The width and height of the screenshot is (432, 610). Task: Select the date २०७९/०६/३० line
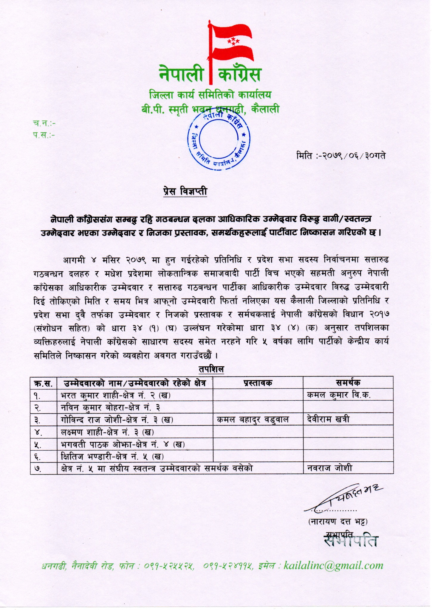pyautogui.click(x=341, y=155)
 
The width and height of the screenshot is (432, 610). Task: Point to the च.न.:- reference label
pyautogui.click(x=44, y=123)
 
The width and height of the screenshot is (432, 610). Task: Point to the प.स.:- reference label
pyautogui.click(x=44, y=136)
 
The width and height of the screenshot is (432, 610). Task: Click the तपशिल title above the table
pyautogui.click(x=211, y=369)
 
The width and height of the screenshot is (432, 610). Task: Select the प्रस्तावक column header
pyautogui.click(x=258, y=383)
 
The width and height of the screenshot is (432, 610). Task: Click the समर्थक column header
pyautogui.click(x=348, y=383)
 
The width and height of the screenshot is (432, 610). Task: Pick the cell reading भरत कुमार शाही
pyautogui.click(x=115, y=395)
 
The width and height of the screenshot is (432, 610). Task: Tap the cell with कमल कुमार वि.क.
pyautogui.click(x=338, y=395)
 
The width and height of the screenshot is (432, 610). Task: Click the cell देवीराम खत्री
pyautogui.click(x=328, y=420)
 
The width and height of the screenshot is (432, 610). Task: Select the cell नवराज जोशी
pyautogui.click(x=329, y=468)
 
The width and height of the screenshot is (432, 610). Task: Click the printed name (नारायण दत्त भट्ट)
pyautogui.click(x=338, y=522)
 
